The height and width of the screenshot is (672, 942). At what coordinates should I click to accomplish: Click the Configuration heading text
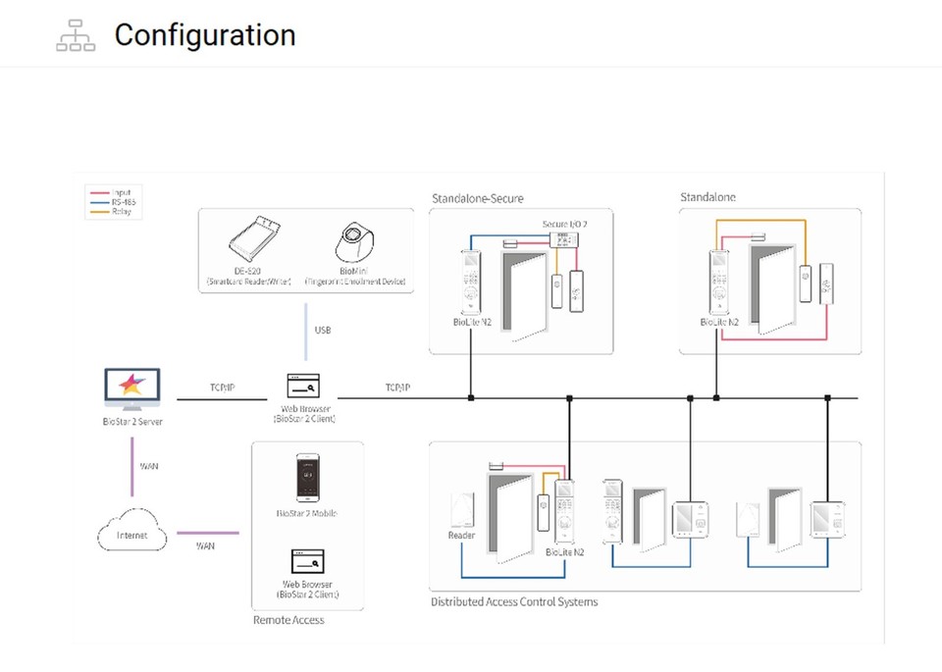(x=204, y=35)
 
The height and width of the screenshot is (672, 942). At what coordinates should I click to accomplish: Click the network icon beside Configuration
(x=76, y=35)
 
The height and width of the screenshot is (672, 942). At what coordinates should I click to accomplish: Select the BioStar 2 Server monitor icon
(x=132, y=389)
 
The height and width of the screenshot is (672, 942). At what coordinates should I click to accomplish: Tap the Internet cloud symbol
(x=131, y=534)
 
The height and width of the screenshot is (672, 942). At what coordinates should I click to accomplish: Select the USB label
(x=322, y=331)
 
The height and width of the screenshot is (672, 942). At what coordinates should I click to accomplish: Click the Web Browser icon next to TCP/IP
(x=306, y=386)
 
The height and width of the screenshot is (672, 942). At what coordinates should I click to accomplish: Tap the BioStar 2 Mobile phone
(x=306, y=479)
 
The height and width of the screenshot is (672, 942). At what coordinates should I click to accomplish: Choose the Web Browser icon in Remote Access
(x=306, y=561)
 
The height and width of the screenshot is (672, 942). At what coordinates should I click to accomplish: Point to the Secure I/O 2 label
(x=565, y=225)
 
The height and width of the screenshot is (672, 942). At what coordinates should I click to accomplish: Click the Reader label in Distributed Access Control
(x=461, y=536)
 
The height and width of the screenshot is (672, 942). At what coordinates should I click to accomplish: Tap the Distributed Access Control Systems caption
(x=514, y=601)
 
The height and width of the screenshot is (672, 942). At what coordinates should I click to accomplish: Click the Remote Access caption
(x=288, y=620)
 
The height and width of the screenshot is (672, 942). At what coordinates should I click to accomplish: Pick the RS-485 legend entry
(x=123, y=202)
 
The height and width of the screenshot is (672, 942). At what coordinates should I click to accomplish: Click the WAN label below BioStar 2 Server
(x=148, y=466)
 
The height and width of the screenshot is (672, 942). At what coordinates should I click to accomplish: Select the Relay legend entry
(x=122, y=211)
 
